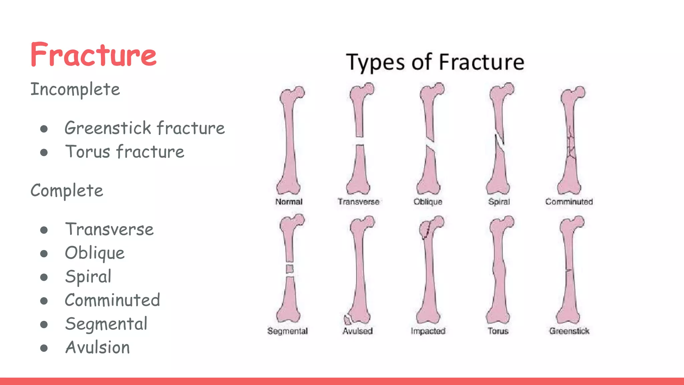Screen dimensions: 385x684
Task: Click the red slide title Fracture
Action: point(93,55)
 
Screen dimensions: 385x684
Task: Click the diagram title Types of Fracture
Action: point(435,62)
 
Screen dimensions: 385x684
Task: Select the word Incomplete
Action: point(75,89)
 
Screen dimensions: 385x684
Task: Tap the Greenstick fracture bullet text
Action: point(145,128)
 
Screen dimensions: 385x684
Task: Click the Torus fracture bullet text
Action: point(125,152)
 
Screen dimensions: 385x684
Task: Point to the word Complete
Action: point(67,190)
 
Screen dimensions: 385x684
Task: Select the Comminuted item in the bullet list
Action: point(113,300)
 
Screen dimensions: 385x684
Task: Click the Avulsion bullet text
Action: point(98,348)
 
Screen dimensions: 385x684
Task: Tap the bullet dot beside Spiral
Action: point(44,277)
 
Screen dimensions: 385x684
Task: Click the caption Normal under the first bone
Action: point(289,202)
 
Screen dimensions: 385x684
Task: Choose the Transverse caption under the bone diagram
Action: point(358,202)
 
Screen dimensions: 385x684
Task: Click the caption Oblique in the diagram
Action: point(428,202)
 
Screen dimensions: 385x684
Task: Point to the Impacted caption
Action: point(428,331)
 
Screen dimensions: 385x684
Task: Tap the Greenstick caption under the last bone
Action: point(569,331)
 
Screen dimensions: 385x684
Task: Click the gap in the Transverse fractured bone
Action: point(360,141)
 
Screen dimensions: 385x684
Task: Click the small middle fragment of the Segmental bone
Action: point(290,269)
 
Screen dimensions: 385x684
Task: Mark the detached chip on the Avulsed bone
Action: point(347,320)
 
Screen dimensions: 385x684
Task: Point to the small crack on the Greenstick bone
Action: point(568,270)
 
